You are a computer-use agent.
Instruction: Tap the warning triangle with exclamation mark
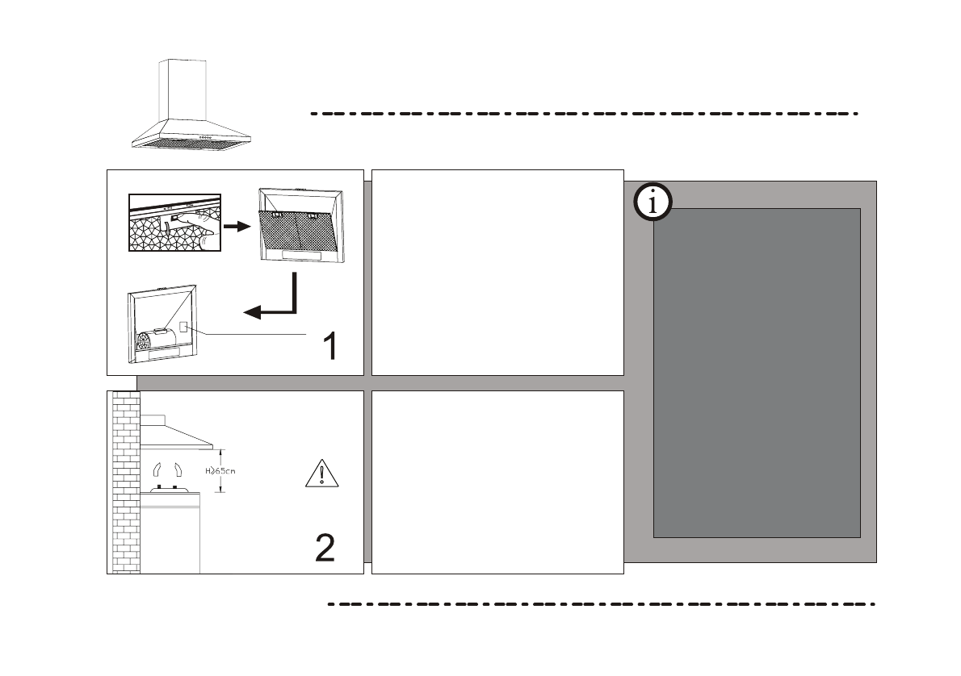323,472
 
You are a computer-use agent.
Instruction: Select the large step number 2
325,548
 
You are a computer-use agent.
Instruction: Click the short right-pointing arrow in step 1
236,227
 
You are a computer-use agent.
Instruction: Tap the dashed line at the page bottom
601,603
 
